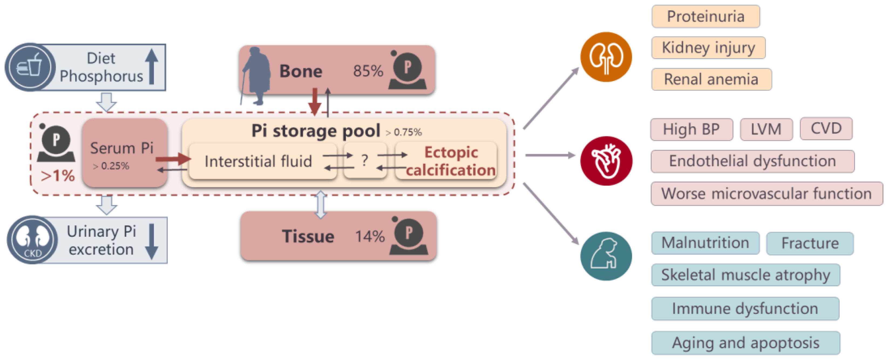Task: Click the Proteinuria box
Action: point(705,16)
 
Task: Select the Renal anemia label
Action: point(711,79)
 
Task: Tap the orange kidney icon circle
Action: point(606,57)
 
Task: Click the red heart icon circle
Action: point(606,161)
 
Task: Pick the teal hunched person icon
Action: point(606,256)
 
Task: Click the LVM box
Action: point(766,129)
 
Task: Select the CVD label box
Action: point(826,129)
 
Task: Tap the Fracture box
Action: point(809,243)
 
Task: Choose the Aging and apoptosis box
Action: point(745,343)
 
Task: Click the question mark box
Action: point(365,161)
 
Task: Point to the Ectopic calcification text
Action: point(450,161)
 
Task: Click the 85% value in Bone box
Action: point(368,71)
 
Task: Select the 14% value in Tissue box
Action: point(370,237)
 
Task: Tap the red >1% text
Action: point(57,176)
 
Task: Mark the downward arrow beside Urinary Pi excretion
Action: point(151,241)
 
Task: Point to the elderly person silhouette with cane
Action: point(256,76)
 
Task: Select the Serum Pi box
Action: point(124,153)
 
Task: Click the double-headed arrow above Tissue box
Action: point(321,205)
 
